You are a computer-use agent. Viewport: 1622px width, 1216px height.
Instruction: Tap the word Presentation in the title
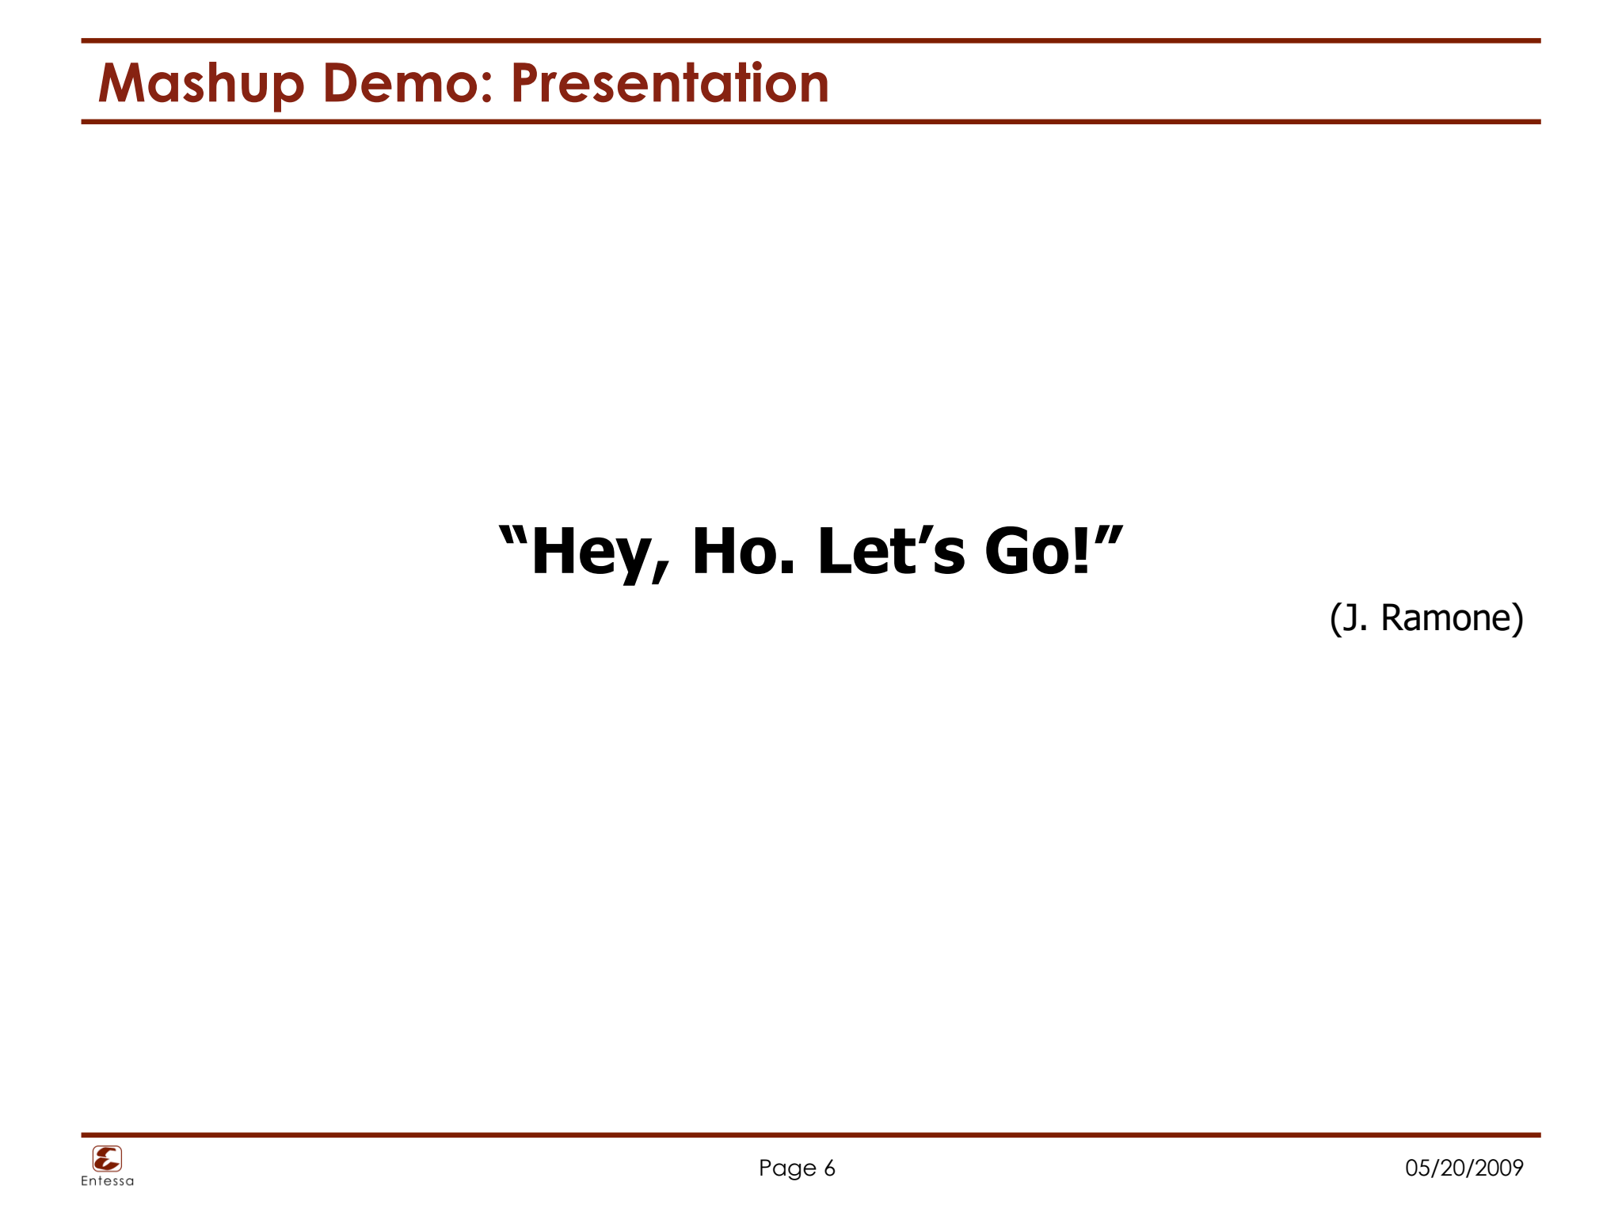click(670, 84)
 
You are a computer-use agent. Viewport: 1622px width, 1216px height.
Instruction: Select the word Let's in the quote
click(891, 551)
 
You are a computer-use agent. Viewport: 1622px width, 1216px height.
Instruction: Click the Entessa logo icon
click(107, 1159)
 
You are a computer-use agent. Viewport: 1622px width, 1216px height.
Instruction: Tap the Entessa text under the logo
click(107, 1181)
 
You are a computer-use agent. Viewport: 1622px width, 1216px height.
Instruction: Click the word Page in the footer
click(786, 1168)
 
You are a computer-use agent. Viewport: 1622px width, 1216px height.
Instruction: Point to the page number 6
click(829, 1168)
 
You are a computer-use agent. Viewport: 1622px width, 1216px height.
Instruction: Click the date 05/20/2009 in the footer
click(1464, 1168)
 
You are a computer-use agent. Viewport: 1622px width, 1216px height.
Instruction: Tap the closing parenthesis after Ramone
click(1517, 618)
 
